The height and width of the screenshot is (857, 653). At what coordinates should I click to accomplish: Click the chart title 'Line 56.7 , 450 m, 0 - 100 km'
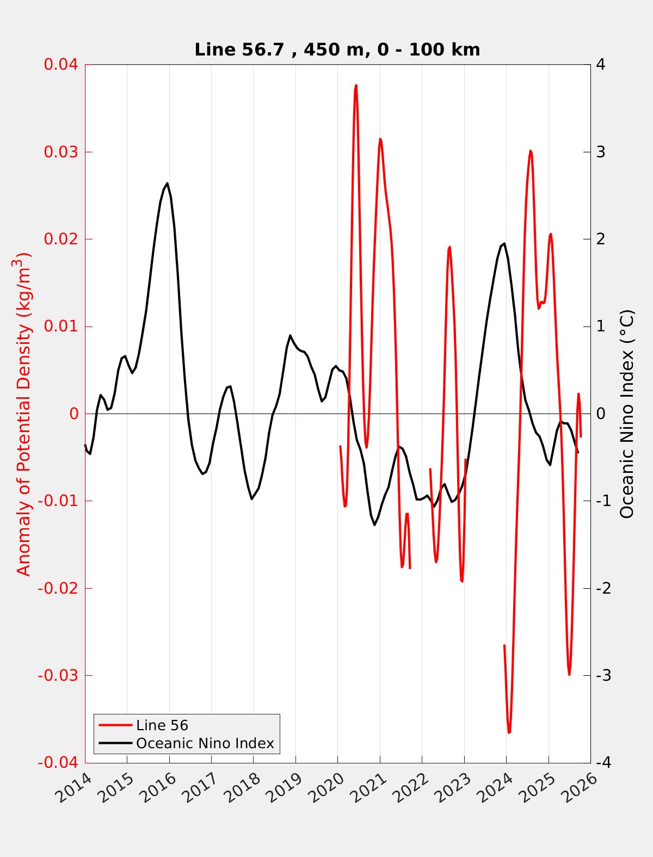click(337, 50)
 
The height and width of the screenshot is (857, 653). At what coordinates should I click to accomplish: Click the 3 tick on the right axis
click(601, 152)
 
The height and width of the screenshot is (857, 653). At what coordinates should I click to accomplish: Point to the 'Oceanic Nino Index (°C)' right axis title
click(627, 414)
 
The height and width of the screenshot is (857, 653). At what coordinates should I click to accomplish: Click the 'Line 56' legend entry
click(162, 725)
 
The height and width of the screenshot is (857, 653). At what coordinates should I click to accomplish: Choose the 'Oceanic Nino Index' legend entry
click(205, 743)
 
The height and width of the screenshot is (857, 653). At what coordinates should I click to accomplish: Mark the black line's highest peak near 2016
click(167, 183)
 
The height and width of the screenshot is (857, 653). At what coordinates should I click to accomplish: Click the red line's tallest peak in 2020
click(356, 85)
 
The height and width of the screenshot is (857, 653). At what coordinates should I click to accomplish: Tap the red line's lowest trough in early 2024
click(509, 732)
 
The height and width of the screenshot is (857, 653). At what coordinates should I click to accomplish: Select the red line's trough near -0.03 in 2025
click(569, 674)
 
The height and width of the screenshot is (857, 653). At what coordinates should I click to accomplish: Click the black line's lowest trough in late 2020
click(375, 525)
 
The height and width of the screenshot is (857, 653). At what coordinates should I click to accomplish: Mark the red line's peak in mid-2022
click(449, 247)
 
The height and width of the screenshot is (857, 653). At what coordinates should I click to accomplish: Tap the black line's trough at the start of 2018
click(252, 499)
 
